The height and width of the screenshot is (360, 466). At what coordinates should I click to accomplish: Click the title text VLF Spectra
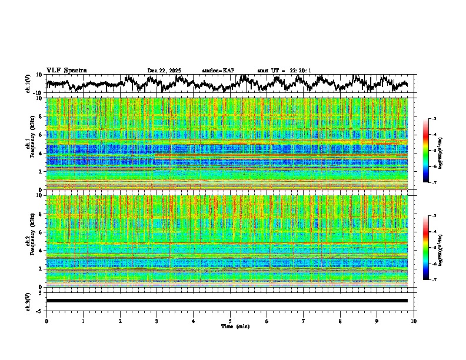pos(66,71)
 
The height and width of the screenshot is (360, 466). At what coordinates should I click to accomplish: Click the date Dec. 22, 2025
pos(164,71)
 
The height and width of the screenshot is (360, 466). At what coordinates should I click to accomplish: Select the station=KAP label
pos(218,71)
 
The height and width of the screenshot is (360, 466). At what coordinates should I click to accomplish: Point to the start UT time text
pos(284,71)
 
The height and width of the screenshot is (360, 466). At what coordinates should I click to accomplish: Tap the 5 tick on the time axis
pos(230,321)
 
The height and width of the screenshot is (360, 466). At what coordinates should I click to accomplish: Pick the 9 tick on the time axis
pos(377,321)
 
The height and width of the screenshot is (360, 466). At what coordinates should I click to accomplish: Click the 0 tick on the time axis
pos(46,321)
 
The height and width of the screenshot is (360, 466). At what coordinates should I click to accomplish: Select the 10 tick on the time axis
pos(414,321)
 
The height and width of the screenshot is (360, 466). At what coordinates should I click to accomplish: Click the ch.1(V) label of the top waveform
pos(28,84)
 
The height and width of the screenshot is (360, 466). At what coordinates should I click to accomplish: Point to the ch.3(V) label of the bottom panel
pos(28,301)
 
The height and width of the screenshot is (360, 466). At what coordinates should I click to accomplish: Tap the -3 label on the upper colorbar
pos(434,119)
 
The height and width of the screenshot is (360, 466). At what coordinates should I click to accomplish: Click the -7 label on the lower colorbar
pos(434,280)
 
